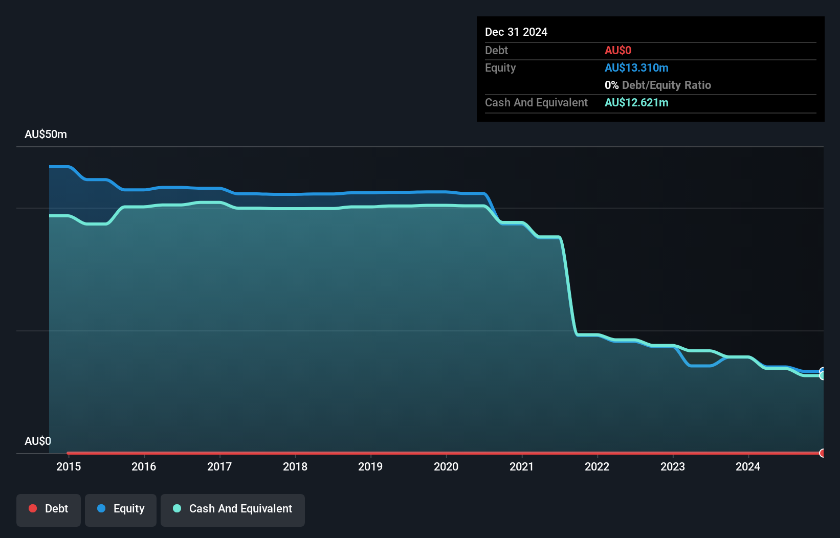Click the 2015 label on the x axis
[69, 466]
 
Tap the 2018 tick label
[295, 466]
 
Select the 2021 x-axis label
[521, 466]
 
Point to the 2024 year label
[748, 466]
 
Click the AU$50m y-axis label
[46, 134]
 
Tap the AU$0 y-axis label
[38, 441]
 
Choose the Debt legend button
[49, 509]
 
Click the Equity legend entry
[121, 509]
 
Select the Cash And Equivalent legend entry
[233, 509]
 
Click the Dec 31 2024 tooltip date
[516, 32]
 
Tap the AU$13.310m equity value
[636, 68]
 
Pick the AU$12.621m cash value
[636, 103]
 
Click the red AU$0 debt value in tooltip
[618, 51]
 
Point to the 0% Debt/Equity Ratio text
[658, 85]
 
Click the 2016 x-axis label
[144, 466]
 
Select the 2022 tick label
[597, 466]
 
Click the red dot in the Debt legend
[33, 508]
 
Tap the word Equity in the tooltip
[500, 68]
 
